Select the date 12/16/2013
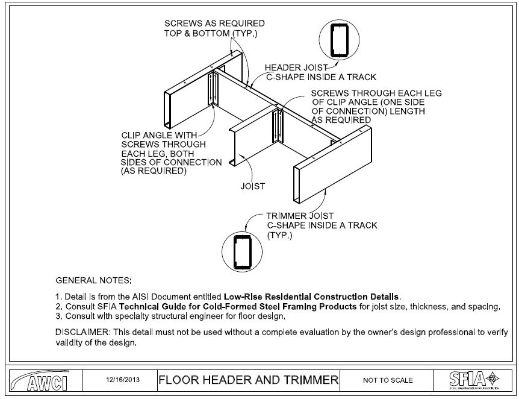coord(118,380)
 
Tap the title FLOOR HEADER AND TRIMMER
coord(248,380)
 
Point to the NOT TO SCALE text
coord(388,380)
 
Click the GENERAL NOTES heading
coord(93,281)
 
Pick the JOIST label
coord(253,186)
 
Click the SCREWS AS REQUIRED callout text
coord(214,24)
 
